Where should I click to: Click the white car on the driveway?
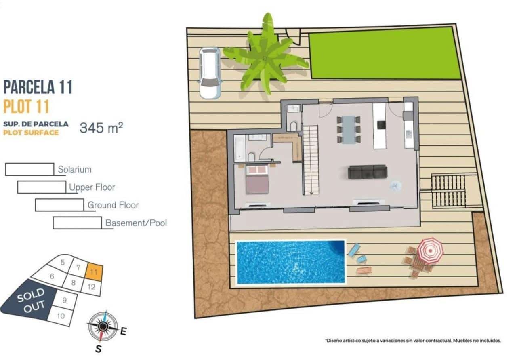coord(210,73)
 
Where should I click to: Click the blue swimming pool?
coord(290,262)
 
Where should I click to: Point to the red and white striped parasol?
coord(430,251)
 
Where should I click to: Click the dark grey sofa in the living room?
coord(367,172)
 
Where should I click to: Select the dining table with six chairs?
coord(349,129)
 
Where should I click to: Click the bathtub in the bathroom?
coord(240,147)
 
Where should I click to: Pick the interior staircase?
coord(311,160)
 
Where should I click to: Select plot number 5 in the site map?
coord(62,262)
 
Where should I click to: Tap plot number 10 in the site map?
coord(61,316)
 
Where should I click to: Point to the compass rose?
coord(103,326)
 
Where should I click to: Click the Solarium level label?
coord(74,170)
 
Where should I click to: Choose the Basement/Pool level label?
coord(136,223)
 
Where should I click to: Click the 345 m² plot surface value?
coord(101,128)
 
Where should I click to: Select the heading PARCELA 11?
coord(38,87)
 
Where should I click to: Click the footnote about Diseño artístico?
coord(413,341)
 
